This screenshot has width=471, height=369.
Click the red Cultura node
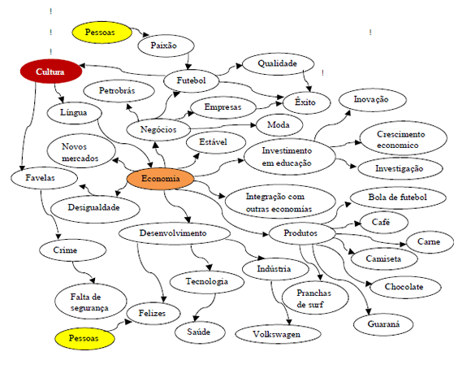coord(51,72)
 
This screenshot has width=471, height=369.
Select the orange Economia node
coord(160,180)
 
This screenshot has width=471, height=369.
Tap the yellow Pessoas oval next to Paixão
coord(101,33)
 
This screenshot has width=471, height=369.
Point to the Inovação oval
coord(370,99)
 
